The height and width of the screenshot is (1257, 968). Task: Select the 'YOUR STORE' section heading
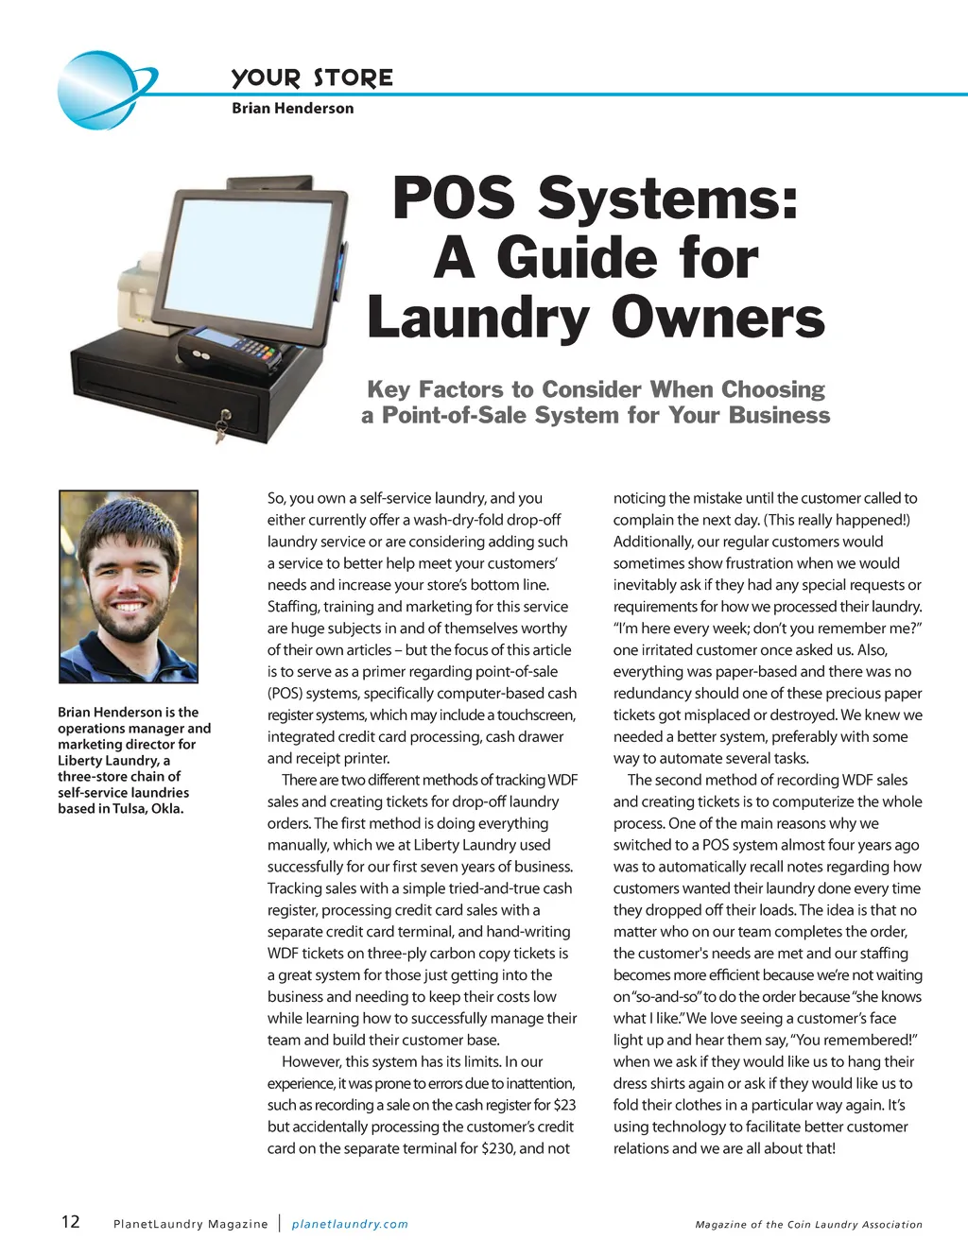coord(312,77)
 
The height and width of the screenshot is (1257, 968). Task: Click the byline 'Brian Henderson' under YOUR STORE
coord(292,109)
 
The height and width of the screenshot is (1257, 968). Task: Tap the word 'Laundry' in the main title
coord(477,318)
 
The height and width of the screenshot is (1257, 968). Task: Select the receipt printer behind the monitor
coord(142,293)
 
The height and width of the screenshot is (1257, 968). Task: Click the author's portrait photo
coord(129,586)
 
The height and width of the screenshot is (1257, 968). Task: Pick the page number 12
coord(70,1222)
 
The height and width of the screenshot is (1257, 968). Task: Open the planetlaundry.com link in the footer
coord(350,1224)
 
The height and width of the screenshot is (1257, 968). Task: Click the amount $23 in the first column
coord(563,1105)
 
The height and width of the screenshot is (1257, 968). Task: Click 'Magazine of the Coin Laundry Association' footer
coord(808,1225)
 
